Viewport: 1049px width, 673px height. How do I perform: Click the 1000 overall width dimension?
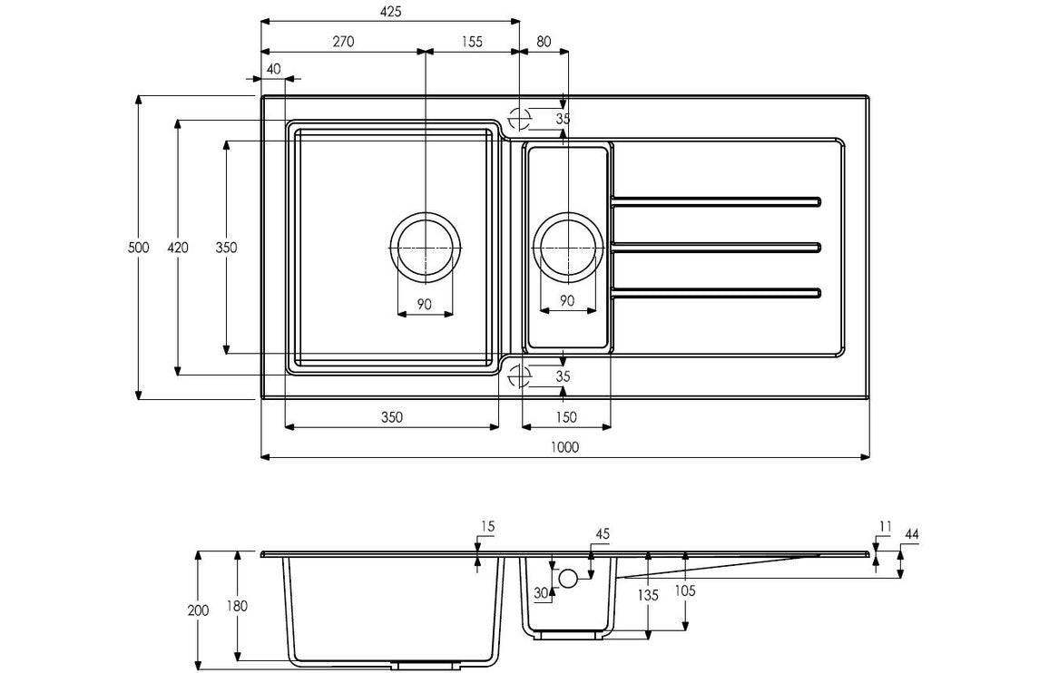pyautogui.click(x=564, y=447)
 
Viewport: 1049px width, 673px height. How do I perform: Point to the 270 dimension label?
pyautogui.click(x=342, y=41)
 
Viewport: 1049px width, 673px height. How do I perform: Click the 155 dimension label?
pyautogui.click(x=471, y=41)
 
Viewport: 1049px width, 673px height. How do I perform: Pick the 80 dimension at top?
pyautogui.click(x=543, y=41)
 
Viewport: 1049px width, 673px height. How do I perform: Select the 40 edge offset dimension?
pyautogui.click(x=273, y=69)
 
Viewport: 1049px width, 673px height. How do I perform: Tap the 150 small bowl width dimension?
pyautogui.click(x=566, y=417)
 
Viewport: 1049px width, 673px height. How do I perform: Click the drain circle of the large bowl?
pyautogui.click(x=425, y=247)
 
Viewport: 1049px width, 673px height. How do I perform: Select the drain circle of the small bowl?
pyautogui.click(x=566, y=247)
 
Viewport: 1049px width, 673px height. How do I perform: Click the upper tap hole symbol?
pyautogui.click(x=519, y=119)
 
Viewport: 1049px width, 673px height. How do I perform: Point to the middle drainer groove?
pyautogui.click(x=717, y=246)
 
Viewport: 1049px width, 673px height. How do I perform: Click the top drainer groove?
pyautogui.click(x=717, y=200)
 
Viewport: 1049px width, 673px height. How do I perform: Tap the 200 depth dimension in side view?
pyautogui.click(x=199, y=610)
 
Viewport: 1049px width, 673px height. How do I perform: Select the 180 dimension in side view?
pyautogui.click(x=237, y=605)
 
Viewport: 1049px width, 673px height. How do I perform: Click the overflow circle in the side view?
pyautogui.click(x=568, y=578)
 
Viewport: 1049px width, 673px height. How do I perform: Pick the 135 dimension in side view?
pyautogui.click(x=648, y=596)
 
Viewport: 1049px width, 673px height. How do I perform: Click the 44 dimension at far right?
pyautogui.click(x=911, y=535)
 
